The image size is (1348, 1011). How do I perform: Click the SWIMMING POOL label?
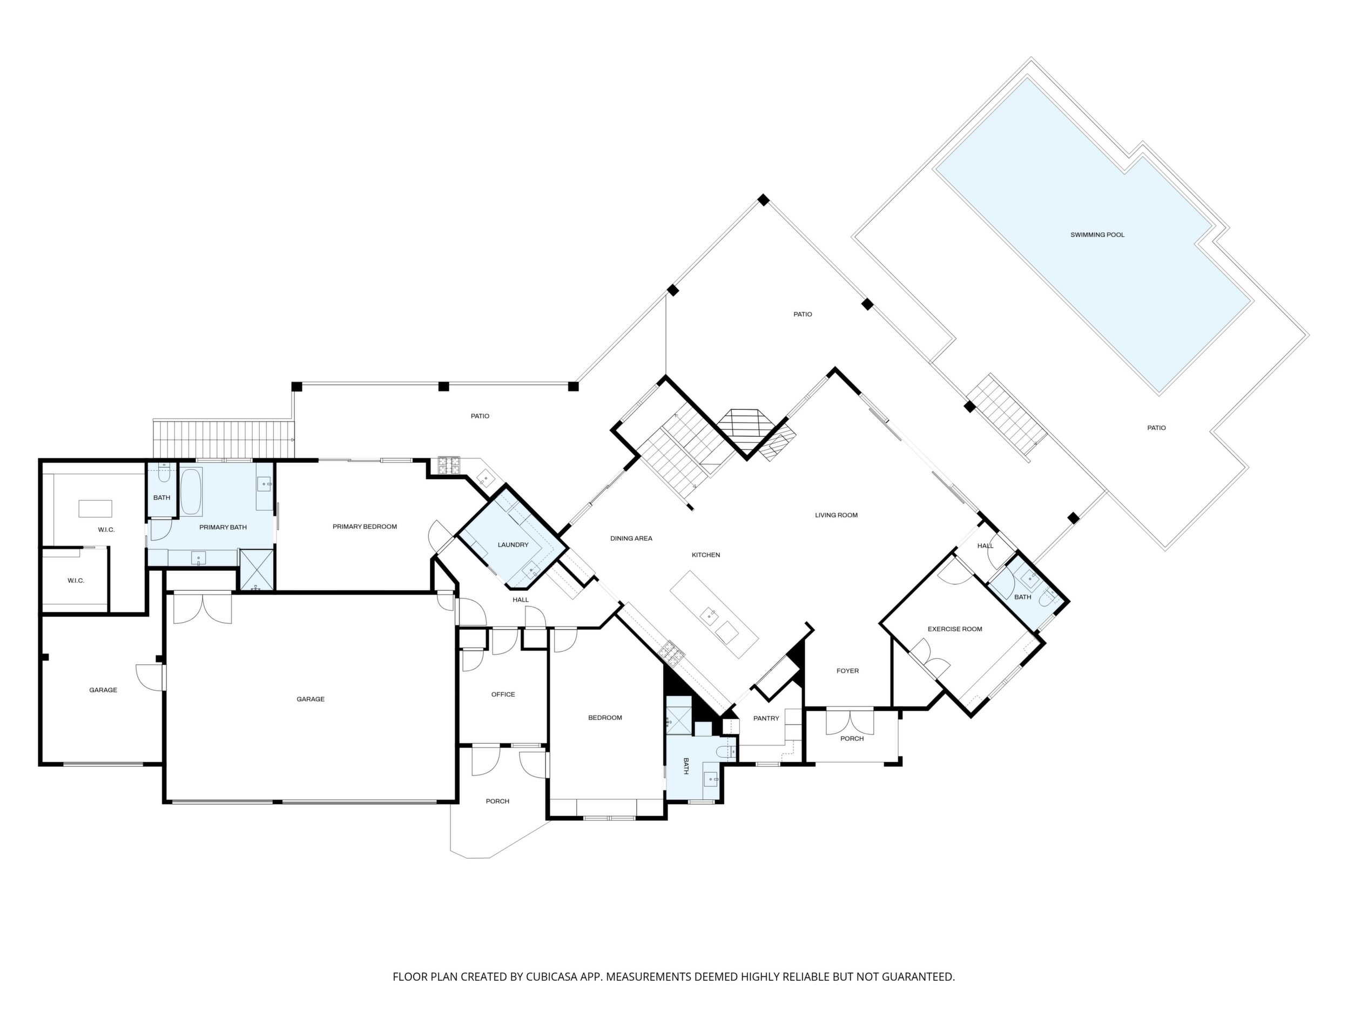pos(1097,234)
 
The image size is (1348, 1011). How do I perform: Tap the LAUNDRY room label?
pos(513,545)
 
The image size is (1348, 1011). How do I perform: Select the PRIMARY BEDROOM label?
pos(365,527)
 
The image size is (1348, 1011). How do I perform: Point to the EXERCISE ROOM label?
pos(955,629)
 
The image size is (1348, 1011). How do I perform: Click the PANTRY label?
pos(766,718)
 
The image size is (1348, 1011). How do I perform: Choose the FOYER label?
pos(848,671)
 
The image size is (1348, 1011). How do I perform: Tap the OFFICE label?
pos(503,694)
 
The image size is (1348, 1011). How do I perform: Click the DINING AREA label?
pos(631,538)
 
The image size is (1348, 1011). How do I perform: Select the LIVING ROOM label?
pos(836,515)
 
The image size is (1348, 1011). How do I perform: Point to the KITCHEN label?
pos(706,555)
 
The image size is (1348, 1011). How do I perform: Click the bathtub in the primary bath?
pos(191,493)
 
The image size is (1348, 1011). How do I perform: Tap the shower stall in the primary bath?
pos(256,569)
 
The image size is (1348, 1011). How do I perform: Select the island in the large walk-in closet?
pos(95,508)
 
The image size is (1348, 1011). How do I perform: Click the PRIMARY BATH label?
pos(223,527)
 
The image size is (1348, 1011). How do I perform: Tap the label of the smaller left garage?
pos(103,690)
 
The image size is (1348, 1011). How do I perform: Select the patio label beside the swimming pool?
pos(1157,428)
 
